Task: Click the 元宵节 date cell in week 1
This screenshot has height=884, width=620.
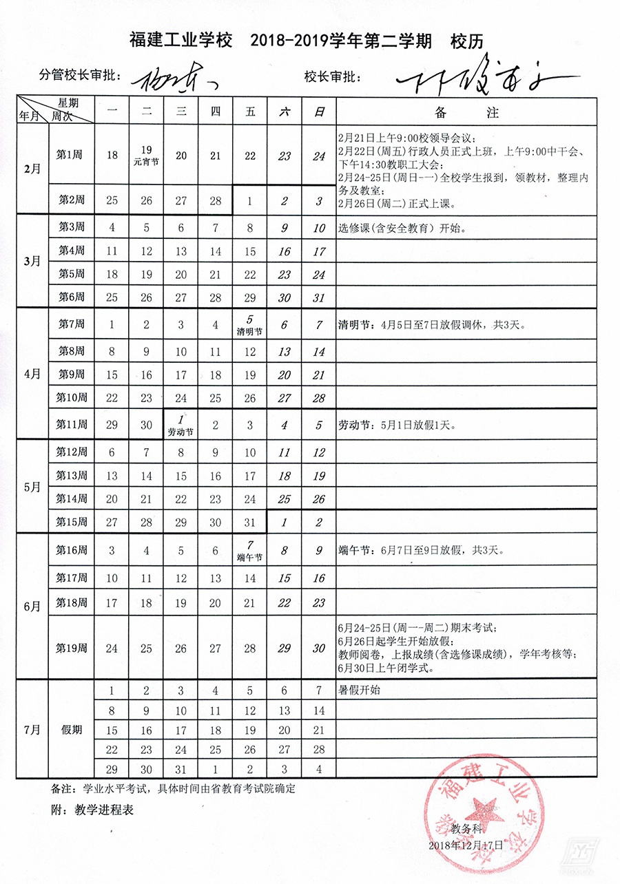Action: (x=146, y=156)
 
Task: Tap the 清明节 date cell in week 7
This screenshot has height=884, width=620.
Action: (x=250, y=324)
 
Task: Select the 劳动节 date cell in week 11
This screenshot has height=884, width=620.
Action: (x=181, y=425)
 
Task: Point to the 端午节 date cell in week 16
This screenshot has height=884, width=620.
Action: (x=250, y=550)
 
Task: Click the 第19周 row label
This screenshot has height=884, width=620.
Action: (x=71, y=648)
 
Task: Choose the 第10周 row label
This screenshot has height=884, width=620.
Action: (x=71, y=398)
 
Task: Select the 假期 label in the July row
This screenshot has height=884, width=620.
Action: (x=71, y=729)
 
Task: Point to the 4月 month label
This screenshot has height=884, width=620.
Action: (x=32, y=374)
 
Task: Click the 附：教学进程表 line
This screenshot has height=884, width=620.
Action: (x=93, y=810)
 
